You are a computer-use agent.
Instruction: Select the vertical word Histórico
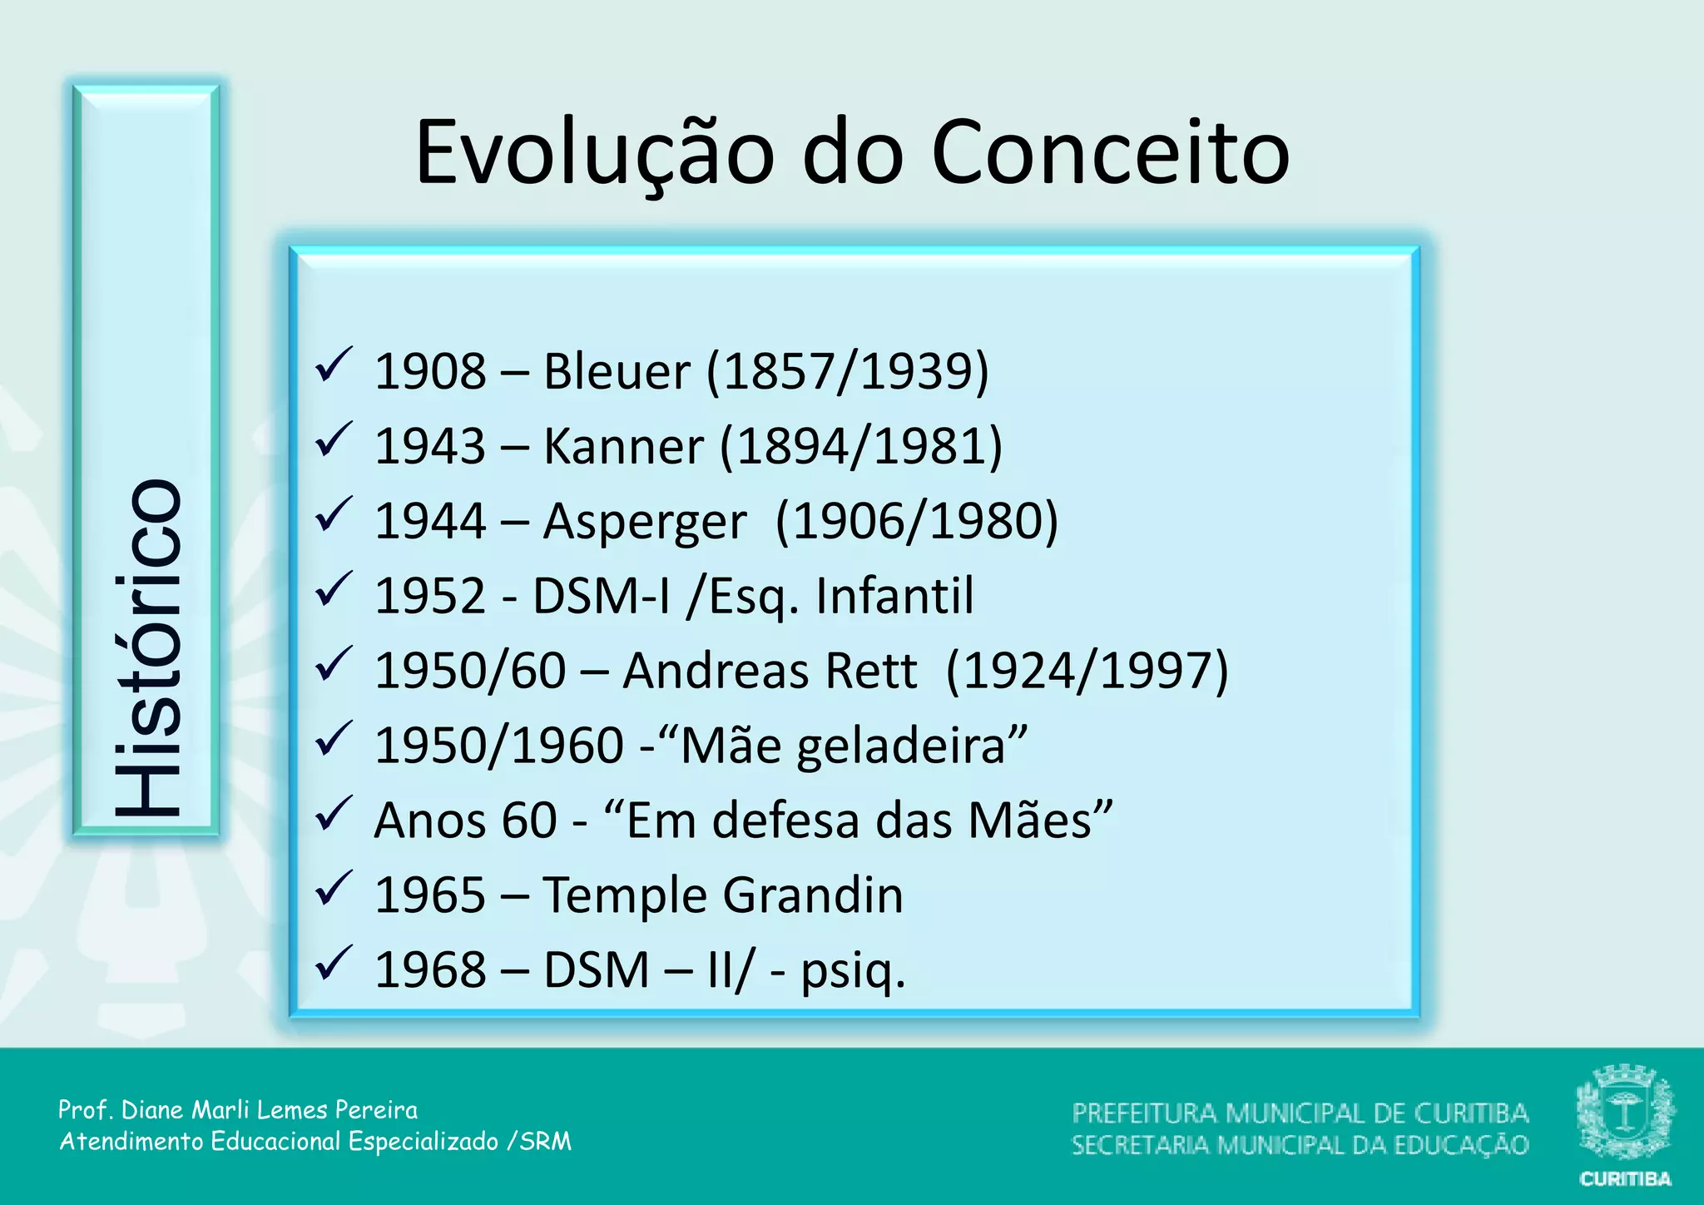click(147, 647)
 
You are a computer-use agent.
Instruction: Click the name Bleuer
click(617, 371)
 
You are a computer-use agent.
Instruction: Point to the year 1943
click(430, 446)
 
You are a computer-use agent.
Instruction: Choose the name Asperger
click(645, 522)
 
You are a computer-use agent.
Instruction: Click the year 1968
click(430, 970)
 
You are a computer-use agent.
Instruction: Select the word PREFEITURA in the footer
click(1144, 1113)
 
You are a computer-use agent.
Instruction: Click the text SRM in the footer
click(546, 1141)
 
